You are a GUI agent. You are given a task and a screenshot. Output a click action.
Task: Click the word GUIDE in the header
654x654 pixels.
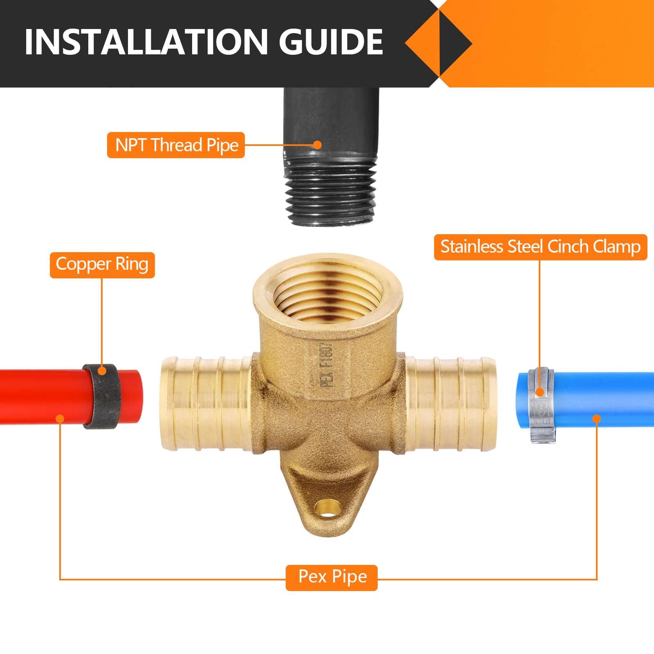point(331,42)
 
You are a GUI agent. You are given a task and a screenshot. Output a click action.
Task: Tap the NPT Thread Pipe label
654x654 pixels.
point(176,145)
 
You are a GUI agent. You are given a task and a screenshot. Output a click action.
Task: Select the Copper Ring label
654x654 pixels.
point(102,264)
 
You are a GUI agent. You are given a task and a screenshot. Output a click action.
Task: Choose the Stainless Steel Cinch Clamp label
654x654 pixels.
point(540,247)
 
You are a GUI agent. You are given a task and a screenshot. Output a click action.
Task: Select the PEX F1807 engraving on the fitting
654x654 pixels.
point(327,365)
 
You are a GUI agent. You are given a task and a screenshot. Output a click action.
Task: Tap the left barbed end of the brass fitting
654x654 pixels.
point(204,404)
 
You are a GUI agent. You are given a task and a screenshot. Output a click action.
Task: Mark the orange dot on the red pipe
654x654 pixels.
point(60,418)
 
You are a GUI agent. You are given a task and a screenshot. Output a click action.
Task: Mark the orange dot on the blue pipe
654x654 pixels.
point(597,418)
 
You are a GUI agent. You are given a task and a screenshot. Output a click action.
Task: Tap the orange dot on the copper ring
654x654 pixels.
point(102,371)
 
